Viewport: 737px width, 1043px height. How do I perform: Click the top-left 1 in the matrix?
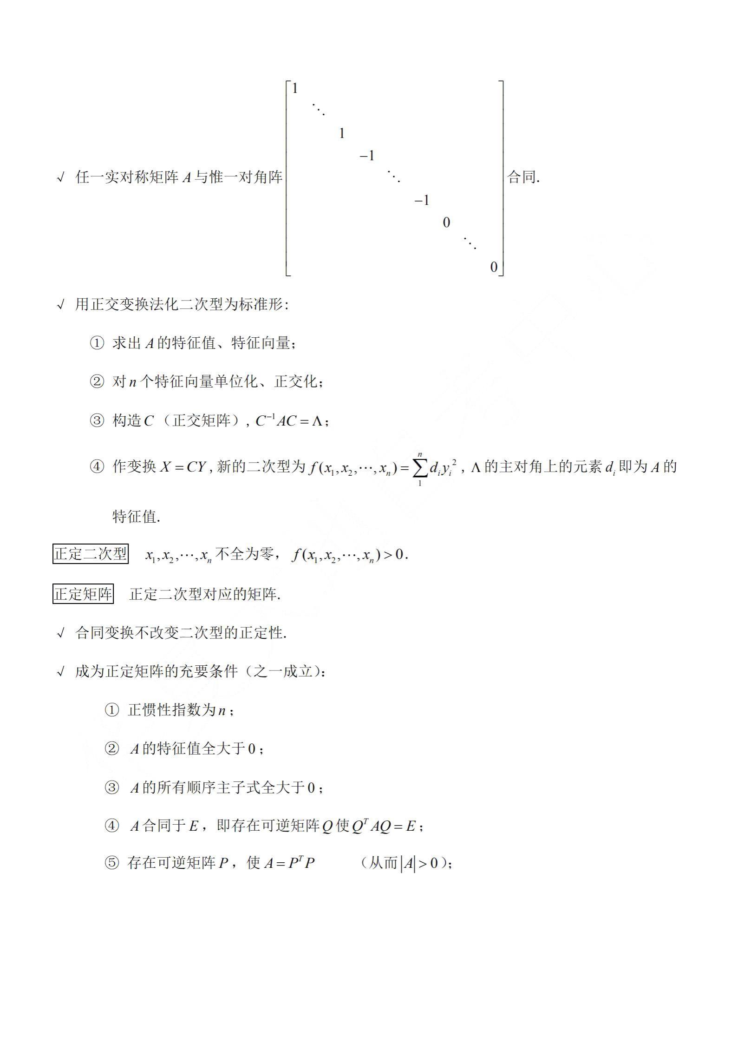(294, 89)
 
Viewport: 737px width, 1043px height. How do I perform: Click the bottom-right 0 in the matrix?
(494, 267)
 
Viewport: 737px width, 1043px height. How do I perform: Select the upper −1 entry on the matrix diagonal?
(367, 156)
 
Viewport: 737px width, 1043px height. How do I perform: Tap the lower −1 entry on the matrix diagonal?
(422, 201)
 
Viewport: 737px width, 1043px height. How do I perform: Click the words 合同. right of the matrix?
(523, 177)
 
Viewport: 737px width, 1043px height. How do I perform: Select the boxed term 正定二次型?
(91, 554)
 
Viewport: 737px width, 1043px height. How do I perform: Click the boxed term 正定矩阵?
(83, 594)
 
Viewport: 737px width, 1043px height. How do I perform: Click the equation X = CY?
(183, 467)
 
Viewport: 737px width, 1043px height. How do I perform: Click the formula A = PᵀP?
(289, 863)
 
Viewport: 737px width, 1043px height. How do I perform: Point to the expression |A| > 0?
(419, 864)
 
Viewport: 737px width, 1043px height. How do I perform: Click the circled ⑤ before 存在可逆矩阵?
(111, 863)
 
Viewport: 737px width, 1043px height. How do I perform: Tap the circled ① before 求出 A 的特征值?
(97, 344)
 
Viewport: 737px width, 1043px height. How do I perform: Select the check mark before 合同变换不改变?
(60, 633)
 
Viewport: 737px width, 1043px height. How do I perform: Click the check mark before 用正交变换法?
(60, 305)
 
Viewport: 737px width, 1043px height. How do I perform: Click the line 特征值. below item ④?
(136, 517)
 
